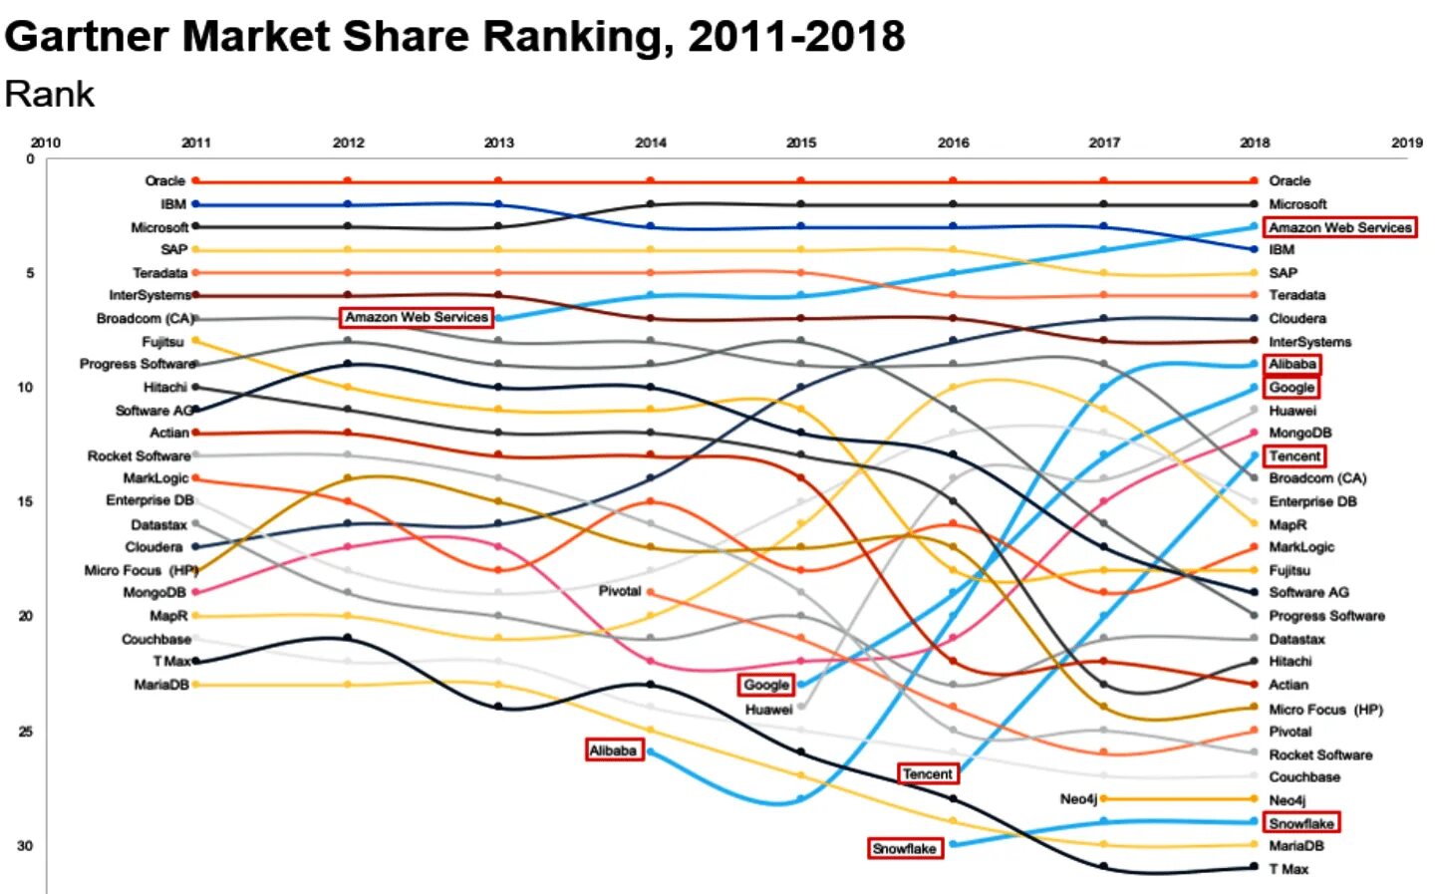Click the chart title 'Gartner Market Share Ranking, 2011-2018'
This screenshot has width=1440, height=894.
[454, 37]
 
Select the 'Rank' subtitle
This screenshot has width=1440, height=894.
[50, 95]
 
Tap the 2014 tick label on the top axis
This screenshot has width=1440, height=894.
[651, 143]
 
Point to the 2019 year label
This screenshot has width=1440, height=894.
[1406, 143]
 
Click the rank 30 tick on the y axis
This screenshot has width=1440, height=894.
[25, 846]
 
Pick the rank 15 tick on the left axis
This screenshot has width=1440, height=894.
[25, 501]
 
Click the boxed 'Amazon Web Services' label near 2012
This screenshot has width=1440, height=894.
[417, 317]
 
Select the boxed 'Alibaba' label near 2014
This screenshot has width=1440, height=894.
[613, 750]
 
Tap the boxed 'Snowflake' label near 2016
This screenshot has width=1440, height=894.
[904, 849]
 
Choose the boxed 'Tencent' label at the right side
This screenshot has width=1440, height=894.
[1295, 456]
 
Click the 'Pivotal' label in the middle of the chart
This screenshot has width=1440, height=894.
[620, 591]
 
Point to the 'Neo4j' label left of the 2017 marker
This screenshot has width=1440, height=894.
[1078, 799]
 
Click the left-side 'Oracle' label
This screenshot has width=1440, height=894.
[164, 181]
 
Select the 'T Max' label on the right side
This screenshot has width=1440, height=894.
[1289, 869]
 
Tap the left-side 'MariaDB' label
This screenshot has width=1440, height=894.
[161, 685]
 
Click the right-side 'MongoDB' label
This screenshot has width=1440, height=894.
[1299, 433]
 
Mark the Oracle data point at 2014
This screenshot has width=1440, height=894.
[650, 181]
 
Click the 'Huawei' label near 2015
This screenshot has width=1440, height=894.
[768, 710]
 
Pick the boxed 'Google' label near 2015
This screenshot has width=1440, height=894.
[766, 685]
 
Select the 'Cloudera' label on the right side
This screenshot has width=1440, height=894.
[1296, 319]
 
